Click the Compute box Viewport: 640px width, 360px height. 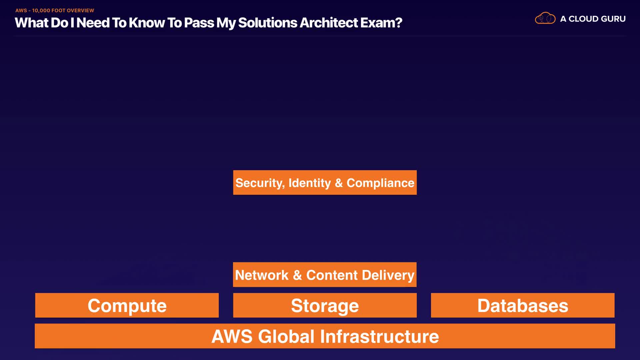[x=127, y=305]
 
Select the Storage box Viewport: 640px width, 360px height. [x=325, y=305]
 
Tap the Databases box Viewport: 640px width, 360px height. [x=522, y=305]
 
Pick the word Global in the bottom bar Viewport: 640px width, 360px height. [x=286, y=336]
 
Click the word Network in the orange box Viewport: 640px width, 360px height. [x=262, y=275]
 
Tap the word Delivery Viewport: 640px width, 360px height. [x=388, y=275]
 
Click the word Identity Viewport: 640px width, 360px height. [x=310, y=183]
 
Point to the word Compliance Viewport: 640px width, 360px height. [x=380, y=183]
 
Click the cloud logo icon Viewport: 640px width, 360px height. [x=545, y=18]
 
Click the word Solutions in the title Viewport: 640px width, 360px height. [x=267, y=23]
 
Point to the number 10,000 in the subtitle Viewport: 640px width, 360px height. [x=41, y=11]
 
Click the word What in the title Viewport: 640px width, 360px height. [x=32, y=23]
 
